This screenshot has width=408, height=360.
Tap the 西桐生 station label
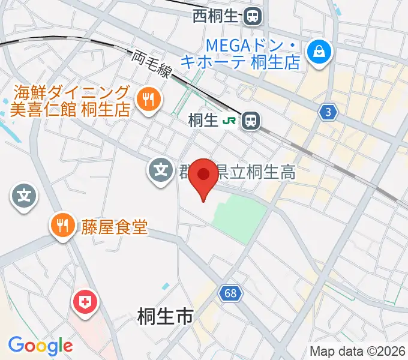point(216,16)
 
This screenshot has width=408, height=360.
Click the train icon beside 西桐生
point(252,16)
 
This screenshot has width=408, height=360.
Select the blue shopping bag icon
point(316,52)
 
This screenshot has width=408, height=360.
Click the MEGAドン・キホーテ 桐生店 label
point(252,53)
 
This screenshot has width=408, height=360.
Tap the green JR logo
point(229,121)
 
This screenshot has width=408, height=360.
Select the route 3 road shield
point(327,112)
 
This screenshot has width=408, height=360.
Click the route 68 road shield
point(228,293)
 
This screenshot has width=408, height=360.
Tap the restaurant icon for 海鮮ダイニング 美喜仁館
point(146,100)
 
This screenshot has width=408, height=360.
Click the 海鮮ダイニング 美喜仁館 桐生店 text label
point(70,101)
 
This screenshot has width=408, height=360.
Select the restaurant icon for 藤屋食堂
point(62,226)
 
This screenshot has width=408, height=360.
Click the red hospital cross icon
point(83,301)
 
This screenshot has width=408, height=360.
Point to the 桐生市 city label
point(165,316)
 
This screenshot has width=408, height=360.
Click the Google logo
point(40,346)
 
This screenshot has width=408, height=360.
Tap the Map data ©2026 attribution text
point(357,351)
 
